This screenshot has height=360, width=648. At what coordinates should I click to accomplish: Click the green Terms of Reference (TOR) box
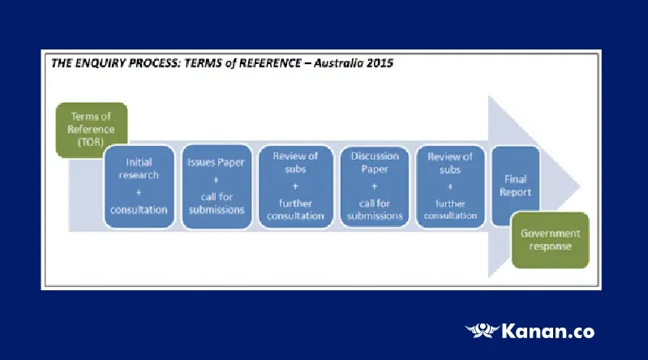[92, 129]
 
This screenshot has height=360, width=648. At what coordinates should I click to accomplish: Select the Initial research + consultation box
[139, 186]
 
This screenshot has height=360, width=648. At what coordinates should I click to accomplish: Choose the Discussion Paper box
[375, 186]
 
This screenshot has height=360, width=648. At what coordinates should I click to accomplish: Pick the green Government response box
[551, 240]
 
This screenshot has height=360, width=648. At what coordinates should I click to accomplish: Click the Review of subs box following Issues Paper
[294, 186]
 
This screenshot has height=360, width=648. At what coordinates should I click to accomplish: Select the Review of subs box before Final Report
[450, 186]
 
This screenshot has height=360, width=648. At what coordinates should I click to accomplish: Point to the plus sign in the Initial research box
[139, 191]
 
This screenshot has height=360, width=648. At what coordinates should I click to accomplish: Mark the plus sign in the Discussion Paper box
[375, 186]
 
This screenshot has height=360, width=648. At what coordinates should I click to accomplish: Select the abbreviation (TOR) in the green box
[92, 141]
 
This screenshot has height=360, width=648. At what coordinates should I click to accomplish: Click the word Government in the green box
[551, 234]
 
